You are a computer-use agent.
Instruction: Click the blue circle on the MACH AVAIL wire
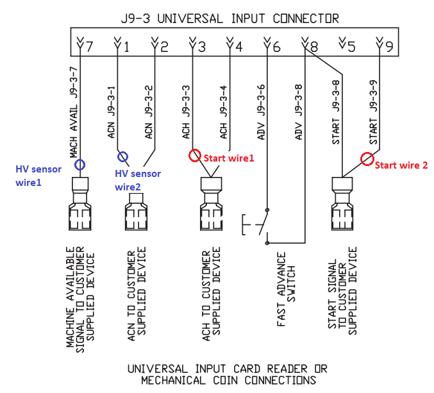click(80, 165)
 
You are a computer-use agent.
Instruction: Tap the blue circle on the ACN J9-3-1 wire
click(122, 156)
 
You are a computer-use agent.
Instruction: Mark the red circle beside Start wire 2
click(367, 159)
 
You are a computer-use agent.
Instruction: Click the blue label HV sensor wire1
click(39, 176)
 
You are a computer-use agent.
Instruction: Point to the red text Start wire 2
click(401, 165)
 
